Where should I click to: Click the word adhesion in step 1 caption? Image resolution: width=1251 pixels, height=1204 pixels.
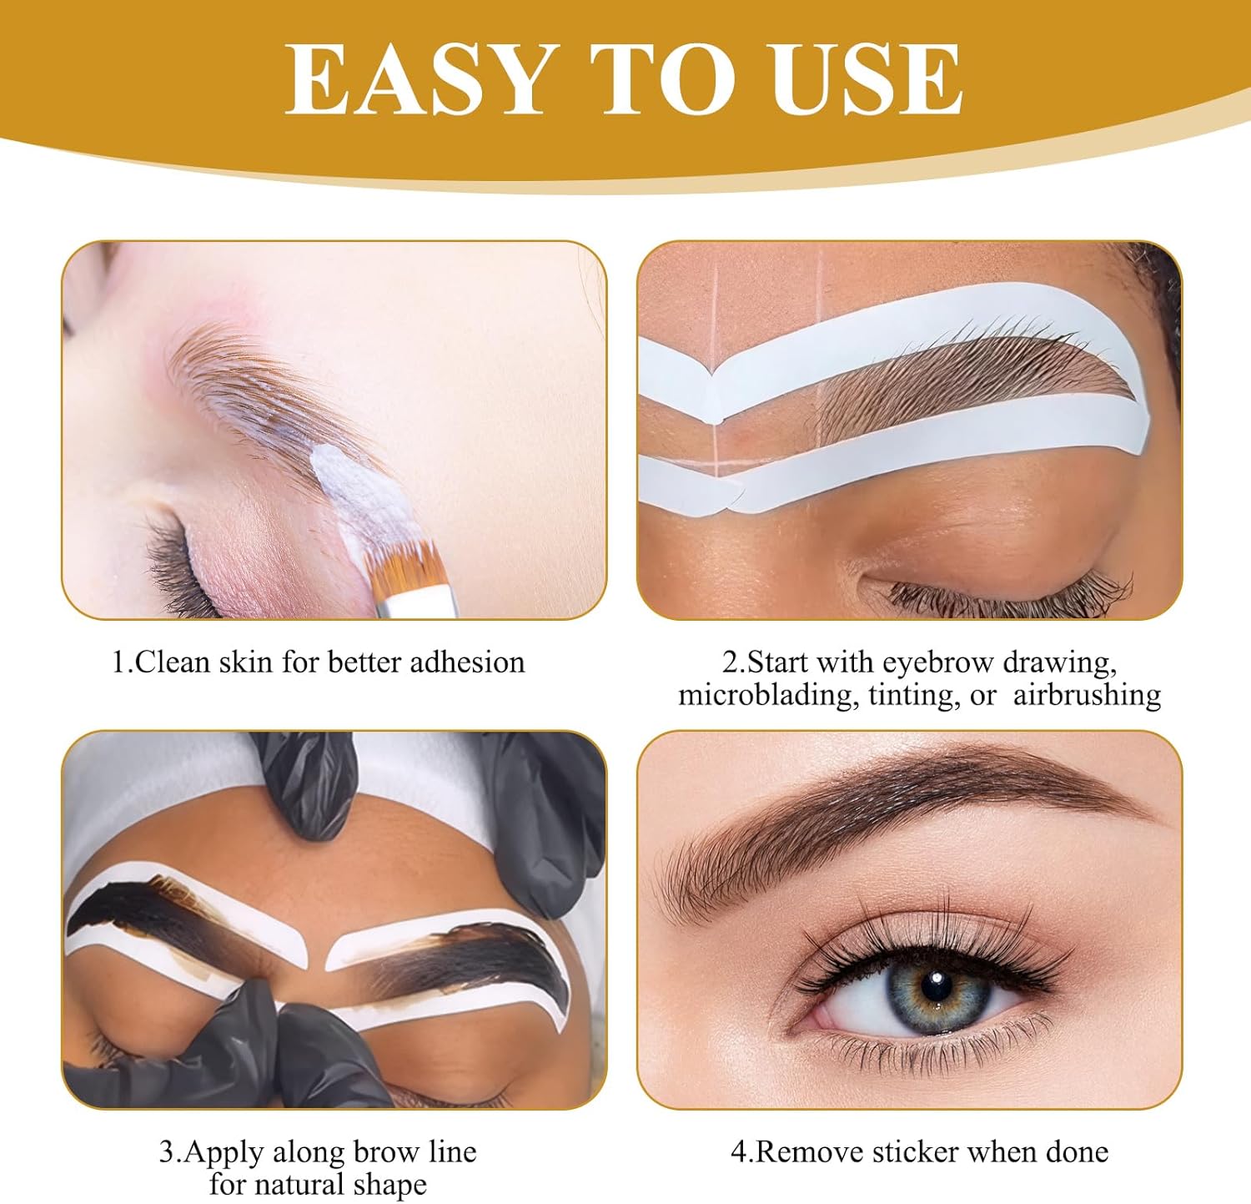click(x=468, y=662)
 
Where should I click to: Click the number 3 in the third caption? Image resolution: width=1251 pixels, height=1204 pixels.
click(x=167, y=1152)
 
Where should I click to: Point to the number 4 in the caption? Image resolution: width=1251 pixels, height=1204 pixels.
click(x=740, y=1152)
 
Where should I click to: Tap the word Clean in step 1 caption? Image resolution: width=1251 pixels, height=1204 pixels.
click(x=173, y=662)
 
